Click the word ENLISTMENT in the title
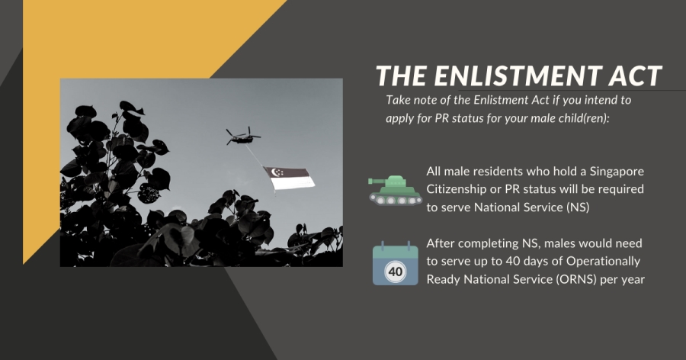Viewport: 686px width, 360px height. point(517,76)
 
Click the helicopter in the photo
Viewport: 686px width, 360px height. point(242,137)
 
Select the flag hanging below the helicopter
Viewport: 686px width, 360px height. point(289,178)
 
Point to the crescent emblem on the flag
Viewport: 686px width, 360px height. point(276,172)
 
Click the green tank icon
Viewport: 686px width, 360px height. point(395,190)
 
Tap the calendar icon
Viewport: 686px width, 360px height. point(396,263)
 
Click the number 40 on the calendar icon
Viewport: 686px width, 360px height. point(396,272)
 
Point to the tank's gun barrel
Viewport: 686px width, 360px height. point(377,181)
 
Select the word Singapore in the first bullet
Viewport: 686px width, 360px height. point(617,172)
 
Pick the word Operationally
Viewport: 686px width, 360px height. point(604,262)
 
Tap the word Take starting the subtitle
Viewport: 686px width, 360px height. point(398,100)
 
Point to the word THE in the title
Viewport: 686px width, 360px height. point(401,76)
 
